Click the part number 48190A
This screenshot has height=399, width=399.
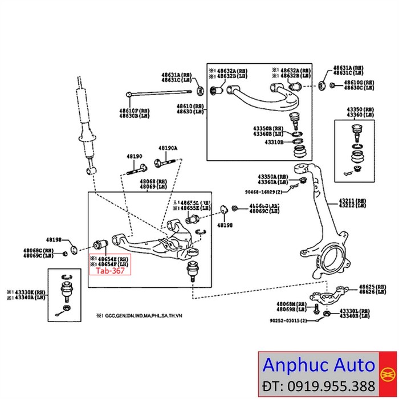tap(168, 148)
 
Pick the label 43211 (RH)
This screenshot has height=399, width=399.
tap(352, 201)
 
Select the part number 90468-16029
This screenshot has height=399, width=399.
tap(262, 193)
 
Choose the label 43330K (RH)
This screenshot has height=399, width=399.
tap(28, 292)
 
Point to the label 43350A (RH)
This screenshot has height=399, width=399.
tap(271, 176)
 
